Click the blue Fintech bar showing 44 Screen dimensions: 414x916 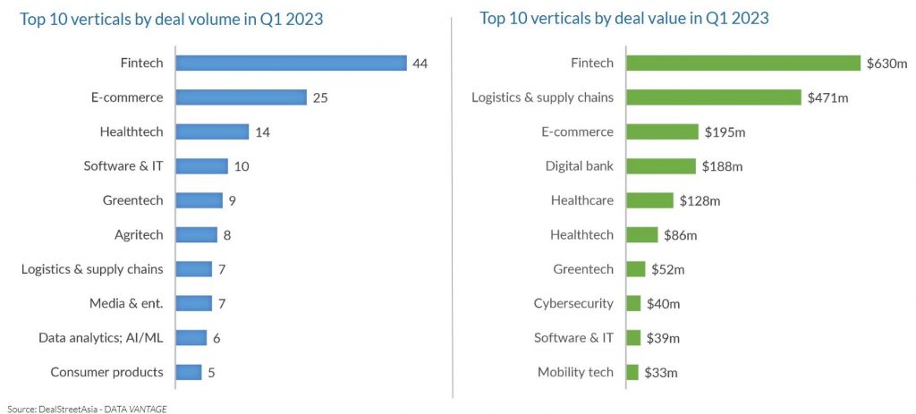pos(291,63)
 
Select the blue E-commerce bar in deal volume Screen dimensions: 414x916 pos(241,97)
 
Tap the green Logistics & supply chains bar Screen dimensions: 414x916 pos(713,97)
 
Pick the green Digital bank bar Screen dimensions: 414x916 pos(660,166)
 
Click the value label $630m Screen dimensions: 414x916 pos(886,63)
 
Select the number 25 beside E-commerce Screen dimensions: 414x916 pos(320,97)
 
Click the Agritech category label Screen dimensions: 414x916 pos(139,235)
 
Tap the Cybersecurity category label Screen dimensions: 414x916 pos(573,303)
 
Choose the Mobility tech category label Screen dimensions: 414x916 pos(575,372)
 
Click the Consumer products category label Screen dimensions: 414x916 pos(106,372)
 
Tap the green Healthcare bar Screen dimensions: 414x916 pos(649,200)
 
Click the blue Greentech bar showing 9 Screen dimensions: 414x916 pos(199,200)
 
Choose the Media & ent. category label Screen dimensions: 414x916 pos(126,303)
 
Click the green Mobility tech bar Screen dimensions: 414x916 pos(632,372)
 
